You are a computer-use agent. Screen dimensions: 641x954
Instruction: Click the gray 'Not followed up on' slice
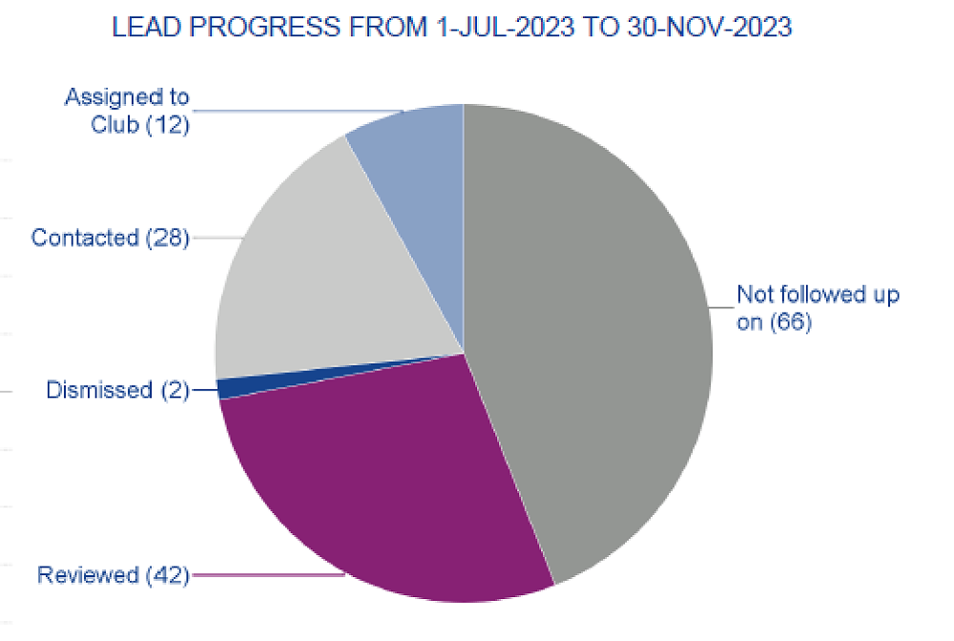point(591,334)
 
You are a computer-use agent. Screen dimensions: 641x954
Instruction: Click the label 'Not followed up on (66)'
point(817,308)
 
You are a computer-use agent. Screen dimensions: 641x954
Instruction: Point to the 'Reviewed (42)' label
point(113,575)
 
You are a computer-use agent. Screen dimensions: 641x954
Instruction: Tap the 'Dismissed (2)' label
point(117,390)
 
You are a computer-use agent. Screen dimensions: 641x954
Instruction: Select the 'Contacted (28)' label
point(110,238)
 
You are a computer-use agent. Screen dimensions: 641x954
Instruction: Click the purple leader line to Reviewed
point(267,575)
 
